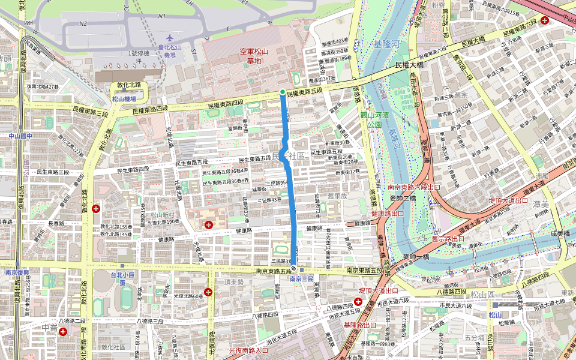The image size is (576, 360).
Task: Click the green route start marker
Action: [283, 91]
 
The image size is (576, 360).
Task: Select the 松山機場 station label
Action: [124, 99]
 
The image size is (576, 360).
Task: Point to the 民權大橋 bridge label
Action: [409, 64]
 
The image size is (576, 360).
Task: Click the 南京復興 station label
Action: [17, 272]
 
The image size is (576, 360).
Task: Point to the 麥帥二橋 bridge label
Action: [403, 198]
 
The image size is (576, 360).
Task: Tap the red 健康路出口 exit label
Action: [389, 213]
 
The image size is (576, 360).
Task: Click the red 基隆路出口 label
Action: [361, 325]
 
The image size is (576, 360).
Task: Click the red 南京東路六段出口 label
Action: [414, 187]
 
